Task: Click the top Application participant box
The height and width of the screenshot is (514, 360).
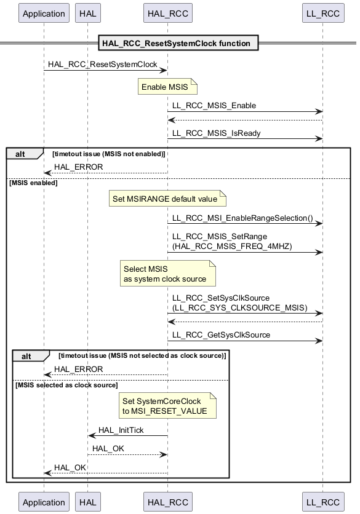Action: point(44,13)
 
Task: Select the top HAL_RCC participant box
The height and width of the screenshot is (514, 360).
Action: point(168,13)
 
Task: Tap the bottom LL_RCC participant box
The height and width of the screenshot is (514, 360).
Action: point(323,502)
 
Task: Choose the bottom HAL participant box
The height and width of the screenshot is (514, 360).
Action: point(87,502)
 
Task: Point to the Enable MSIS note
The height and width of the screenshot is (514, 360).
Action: point(167,87)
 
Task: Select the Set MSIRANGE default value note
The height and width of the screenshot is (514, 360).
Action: point(167,199)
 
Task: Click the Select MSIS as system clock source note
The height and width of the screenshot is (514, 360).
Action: point(168,274)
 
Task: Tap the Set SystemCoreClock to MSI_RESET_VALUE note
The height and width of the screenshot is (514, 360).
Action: point(167,406)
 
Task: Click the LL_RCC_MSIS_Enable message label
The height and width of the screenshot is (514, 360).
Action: point(214,106)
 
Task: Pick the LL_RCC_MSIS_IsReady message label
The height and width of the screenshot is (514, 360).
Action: point(216,133)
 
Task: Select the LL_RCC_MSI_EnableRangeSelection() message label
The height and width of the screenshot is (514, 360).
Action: point(242,218)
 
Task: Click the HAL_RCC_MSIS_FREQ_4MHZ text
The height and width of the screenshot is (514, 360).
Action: point(232,247)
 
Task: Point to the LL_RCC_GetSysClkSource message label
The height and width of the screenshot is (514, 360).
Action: point(221,334)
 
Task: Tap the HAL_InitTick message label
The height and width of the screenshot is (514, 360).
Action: point(121,430)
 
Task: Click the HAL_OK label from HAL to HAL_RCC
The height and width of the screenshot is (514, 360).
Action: point(108,448)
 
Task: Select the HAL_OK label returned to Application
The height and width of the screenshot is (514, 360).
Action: point(70,467)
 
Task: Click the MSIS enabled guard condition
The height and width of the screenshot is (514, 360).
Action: point(33,183)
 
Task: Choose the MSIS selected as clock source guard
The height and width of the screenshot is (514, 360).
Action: point(66,385)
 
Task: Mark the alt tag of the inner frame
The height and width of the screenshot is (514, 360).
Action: point(26,357)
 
